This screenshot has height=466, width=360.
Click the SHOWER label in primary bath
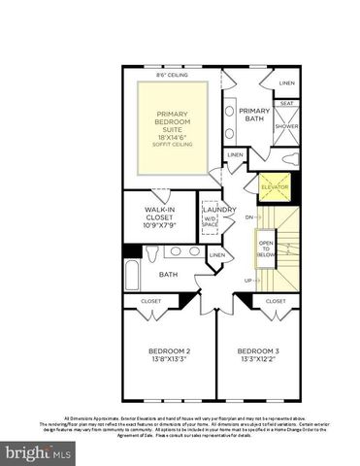click(286, 126)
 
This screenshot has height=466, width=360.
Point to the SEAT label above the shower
click(286, 103)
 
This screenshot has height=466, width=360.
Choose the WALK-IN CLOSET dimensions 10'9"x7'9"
click(158, 224)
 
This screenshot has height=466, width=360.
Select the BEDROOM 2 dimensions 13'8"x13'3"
click(168, 358)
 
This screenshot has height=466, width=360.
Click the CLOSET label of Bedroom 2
click(151, 302)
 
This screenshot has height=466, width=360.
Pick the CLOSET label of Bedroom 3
click(276, 302)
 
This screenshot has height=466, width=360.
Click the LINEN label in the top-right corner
click(287, 83)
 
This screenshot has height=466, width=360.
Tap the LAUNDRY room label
click(218, 209)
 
